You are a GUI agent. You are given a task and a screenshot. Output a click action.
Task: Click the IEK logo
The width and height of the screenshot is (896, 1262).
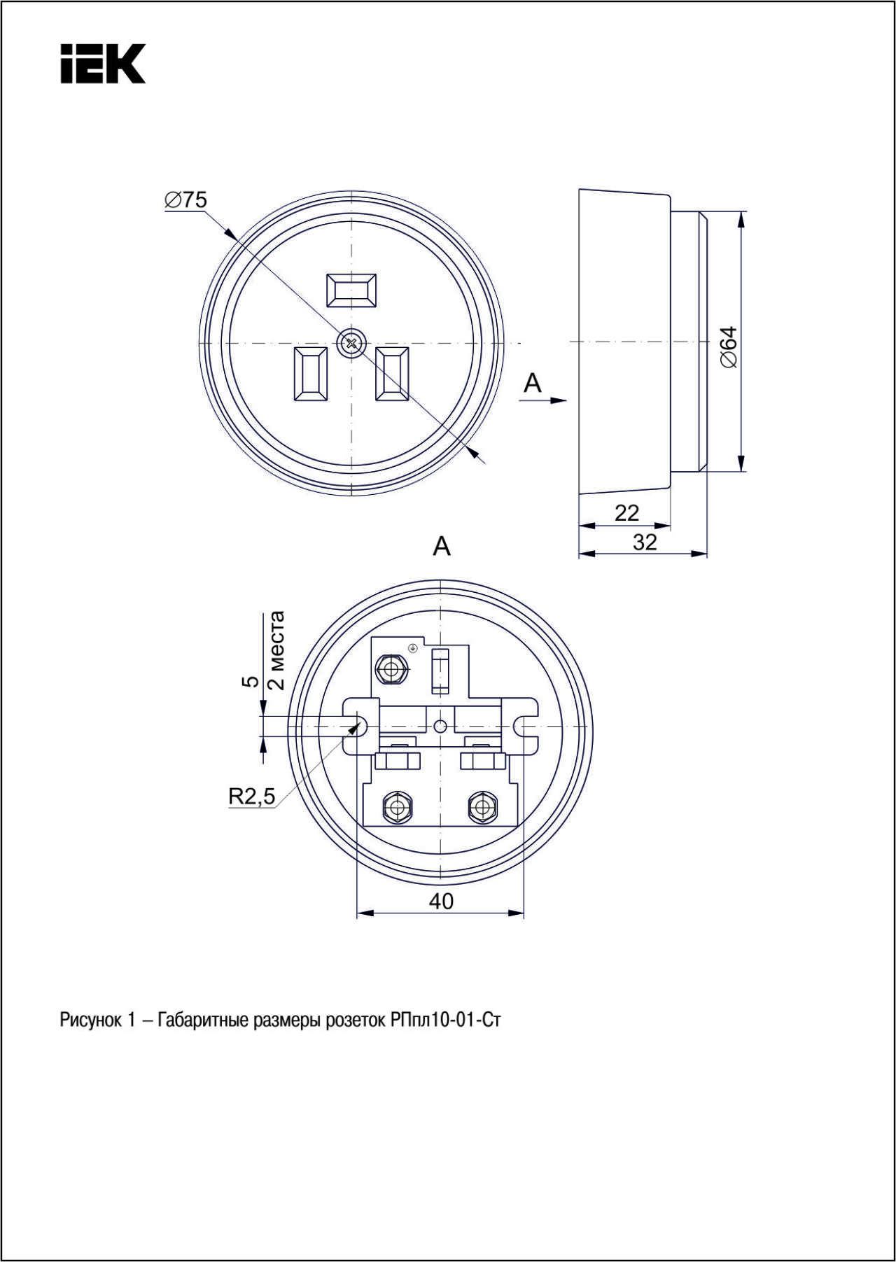click(x=103, y=64)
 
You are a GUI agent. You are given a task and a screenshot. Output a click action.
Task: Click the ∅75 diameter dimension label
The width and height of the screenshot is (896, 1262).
click(x=186, y=200)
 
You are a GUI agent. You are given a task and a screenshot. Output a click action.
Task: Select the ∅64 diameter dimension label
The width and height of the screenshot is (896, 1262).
click(x=729, y=347)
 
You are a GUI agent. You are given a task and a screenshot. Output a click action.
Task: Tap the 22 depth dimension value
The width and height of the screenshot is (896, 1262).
click(x=626, y=513)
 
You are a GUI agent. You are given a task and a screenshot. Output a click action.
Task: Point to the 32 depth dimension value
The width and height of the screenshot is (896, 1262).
click(x=645, y=542)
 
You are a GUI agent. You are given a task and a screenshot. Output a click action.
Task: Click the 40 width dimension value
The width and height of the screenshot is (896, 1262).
click(x=441, y=901)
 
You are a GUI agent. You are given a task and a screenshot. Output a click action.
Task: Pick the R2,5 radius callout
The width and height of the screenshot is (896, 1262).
click(x=252, y=796)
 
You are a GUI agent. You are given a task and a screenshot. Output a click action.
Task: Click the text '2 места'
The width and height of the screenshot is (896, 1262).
click(x=276, y=650)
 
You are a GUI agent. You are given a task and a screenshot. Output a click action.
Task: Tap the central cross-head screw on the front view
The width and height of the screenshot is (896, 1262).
click(x=351, y=343)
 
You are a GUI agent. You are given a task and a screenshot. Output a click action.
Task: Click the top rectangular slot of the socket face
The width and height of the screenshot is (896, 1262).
click(x=351, y=290)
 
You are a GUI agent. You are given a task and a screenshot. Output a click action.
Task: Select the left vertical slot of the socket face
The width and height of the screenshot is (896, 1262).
click(x=310, y=374)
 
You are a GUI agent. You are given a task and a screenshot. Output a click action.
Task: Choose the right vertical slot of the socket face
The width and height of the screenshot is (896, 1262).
click(x=392, y=374)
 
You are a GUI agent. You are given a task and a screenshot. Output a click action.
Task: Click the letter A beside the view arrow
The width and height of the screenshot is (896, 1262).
click(x=533, y=383)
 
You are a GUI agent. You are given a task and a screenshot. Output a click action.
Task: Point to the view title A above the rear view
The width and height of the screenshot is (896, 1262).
click(x=442, y=546)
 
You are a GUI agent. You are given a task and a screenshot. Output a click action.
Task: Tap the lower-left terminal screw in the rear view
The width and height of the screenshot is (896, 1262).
click(x=398, y=808)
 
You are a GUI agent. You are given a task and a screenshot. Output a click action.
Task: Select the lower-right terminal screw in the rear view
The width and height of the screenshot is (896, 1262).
click(x=481, y=808)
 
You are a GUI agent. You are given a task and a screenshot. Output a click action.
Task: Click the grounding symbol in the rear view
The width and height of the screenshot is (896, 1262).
click(x=413, y=647)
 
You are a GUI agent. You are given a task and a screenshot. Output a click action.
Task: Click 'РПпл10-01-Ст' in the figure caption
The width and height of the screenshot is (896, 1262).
click(x=445, y=1020)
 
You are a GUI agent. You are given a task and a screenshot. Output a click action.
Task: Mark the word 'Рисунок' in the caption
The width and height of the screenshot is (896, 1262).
click(x=90, y=1021)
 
